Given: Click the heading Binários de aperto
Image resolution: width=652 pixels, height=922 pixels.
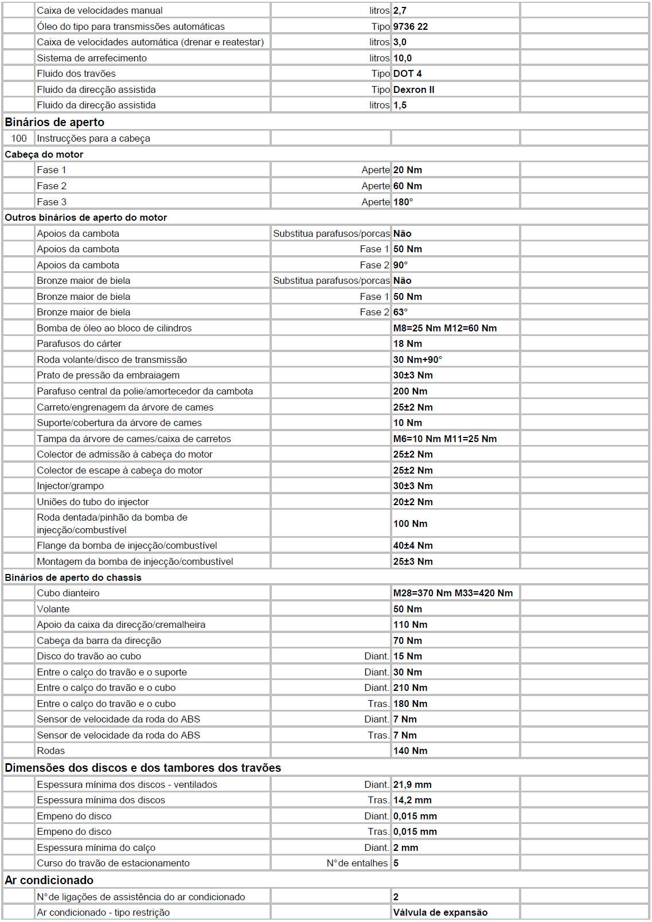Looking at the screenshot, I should [x=54, y=122].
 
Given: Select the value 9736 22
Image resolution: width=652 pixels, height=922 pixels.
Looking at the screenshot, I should [x=411, y=26].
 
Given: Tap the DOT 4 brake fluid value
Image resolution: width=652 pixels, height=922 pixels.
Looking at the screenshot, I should [x=408, y=73].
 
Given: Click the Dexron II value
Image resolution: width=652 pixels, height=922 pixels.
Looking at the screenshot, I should [x=414, y=89].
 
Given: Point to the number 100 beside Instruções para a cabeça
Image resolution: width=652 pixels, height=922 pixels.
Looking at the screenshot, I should [x=19, y=138].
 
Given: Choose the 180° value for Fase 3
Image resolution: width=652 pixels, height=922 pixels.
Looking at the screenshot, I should [x=403, y=202].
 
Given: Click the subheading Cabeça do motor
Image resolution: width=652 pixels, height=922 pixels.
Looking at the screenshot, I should [x=44, y=154].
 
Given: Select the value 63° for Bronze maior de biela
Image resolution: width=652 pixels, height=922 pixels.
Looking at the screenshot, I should [x=400, y=312].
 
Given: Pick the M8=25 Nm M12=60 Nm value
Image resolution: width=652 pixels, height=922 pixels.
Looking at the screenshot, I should [x=445, y=328].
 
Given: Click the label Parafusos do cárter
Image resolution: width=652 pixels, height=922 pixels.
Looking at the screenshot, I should [x=79, y=343].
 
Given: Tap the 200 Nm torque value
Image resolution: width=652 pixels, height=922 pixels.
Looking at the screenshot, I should [x=410, y=391].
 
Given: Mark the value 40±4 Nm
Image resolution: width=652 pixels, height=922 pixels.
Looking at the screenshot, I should [x=413, y=545].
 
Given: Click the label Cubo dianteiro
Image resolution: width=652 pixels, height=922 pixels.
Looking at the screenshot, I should [x=68, y=593].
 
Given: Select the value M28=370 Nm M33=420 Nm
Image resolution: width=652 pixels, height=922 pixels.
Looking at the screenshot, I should [x=453, y=593].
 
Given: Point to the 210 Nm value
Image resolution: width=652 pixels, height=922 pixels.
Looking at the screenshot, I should [x=410, y=687].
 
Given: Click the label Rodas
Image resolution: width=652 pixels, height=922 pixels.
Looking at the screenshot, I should [x=51, y=751].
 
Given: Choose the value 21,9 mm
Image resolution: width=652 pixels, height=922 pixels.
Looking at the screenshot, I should [x=412, y=784].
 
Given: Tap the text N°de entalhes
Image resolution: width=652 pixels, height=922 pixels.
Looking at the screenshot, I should [x=357, y=863].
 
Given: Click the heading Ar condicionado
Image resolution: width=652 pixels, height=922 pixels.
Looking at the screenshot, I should [x=49, y=880].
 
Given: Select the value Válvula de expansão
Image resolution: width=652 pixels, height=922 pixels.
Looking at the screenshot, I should [x=440, y=912].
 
